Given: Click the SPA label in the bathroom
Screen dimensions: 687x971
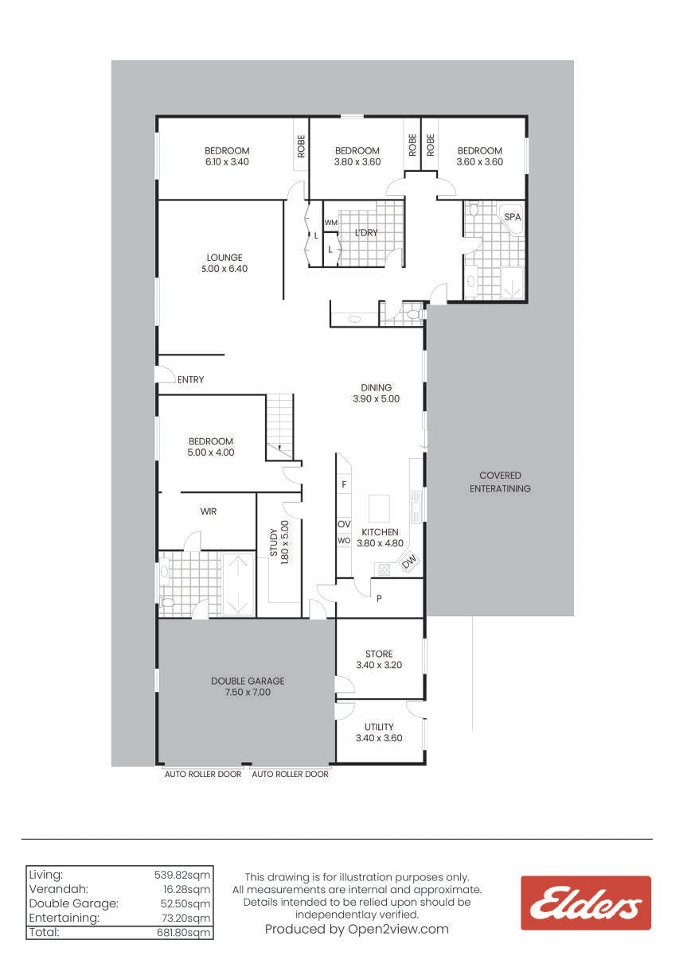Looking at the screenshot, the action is pos(512,217).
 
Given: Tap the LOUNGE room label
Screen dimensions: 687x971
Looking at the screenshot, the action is pos(224,258).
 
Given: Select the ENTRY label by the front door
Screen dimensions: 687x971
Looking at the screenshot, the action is pos(190,379).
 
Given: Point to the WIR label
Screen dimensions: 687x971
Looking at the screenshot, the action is pos(209,511).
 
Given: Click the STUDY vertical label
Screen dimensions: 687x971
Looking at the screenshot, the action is pos(273,542).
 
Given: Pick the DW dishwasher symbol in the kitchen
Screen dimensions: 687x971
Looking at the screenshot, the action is pos(409,561).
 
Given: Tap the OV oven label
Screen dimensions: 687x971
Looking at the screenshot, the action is pos(344,525).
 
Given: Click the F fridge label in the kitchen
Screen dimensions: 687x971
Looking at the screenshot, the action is pos(344,484).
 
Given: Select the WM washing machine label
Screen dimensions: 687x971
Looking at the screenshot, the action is pos(330,223).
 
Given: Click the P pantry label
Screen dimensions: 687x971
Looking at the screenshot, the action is pos(379,599).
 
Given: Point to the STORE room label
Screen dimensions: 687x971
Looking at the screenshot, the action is pos(379,654).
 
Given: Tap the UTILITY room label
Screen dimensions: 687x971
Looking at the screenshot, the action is pos(379,727).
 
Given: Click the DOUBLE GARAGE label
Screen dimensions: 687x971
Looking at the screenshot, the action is pos(248,681).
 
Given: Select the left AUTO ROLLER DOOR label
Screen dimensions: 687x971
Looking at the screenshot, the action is pos(203,775).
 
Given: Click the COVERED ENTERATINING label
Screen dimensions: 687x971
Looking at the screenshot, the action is pos(500,482).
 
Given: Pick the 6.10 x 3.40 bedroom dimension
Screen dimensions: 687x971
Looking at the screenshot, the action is pos(227,162).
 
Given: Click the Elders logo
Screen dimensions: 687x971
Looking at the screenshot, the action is pos(586,903).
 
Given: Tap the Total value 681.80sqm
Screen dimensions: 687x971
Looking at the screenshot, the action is pos(183,932).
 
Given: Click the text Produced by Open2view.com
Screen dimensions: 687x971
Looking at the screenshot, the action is pos(357,929).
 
